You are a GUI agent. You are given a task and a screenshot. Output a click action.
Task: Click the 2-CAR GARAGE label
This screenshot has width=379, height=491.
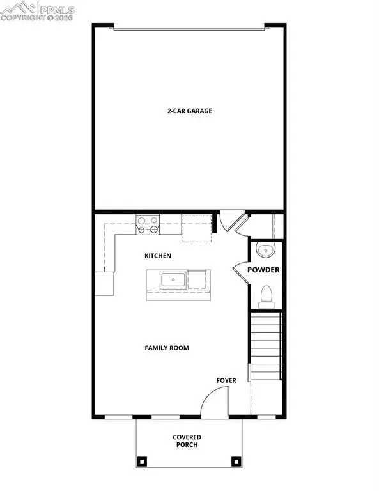click(189, 111)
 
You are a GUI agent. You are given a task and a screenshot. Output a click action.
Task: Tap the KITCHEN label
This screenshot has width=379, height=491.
click(158, 256)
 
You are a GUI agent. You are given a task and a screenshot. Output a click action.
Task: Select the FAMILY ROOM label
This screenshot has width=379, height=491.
click(167, 348)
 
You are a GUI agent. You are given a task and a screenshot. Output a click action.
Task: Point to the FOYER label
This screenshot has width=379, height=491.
click(226, 380)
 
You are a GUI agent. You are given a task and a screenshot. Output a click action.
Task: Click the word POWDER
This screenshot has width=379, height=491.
click(263, 270)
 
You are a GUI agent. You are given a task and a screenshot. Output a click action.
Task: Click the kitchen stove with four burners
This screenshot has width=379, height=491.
click(148, 224)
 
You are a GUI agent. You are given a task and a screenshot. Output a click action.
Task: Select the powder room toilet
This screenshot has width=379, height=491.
click(266, 295)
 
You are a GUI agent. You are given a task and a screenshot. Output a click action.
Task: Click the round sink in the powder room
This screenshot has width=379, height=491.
click(263, 249)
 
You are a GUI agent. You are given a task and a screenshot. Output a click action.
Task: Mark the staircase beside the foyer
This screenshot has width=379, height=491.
click(266, 345)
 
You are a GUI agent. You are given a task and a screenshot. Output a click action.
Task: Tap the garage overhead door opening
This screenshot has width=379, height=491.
click(189, 27)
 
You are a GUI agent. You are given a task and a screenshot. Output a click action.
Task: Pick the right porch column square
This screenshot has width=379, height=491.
click(236, 460)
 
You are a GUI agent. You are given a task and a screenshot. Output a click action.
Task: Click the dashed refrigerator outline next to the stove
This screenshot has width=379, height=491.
click(197, 229)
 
